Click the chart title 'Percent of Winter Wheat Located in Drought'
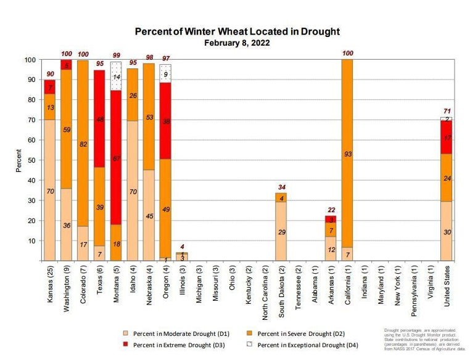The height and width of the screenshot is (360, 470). pos(237,31)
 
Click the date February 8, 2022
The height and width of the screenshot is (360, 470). pos(237,43)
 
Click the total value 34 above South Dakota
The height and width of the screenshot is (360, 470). pos(281,187)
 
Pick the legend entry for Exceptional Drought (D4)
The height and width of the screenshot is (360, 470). pos(305,345)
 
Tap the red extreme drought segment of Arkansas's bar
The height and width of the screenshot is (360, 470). pos(331,219)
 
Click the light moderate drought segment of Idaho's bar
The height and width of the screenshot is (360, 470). pos(132,191)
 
